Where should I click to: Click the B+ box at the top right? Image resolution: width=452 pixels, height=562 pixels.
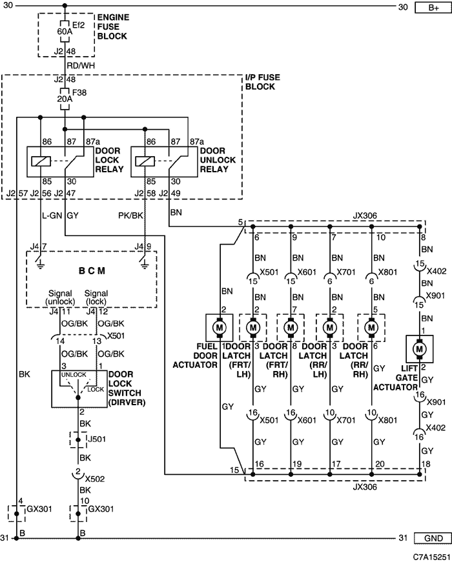click(x=433, y=7)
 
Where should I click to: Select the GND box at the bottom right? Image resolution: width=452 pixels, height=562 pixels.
click(x=433, y=538)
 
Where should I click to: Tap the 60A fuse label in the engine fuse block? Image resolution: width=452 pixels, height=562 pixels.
click(x=65, y=32)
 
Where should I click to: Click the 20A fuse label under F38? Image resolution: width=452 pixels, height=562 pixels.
click(x=65, y=99)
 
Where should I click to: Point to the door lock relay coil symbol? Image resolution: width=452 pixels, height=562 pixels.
click(x=41, y=161)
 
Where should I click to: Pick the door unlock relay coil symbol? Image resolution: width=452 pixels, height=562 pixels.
click(x=145, y=161)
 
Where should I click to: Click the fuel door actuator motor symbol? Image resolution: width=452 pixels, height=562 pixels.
click(x=219, y=328)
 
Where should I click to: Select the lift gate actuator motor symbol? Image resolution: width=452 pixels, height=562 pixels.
click(x=419, y=348)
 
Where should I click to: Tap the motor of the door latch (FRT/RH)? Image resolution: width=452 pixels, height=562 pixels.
click(x=291, y=328)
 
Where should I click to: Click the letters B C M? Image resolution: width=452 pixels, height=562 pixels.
click(x=92, y=270)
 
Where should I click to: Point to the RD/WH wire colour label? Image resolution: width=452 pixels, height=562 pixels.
click(x=81, y=66)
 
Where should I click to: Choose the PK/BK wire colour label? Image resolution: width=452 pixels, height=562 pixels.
click(x=130, y=216)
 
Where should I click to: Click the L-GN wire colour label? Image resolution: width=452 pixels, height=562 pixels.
click(x=52, y=216)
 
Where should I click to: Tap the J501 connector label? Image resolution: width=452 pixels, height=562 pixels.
click(x=97, y=439)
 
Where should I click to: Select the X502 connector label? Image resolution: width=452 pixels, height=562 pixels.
click(x=95, y=479)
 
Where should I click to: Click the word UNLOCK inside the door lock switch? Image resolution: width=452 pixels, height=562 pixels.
click(x=74, y=374)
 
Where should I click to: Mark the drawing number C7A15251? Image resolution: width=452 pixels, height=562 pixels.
click(x=431, y=557)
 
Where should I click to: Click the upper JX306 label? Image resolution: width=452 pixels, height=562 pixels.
click(x=365, y=216)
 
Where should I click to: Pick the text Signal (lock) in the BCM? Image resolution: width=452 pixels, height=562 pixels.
click(x=96, y=297)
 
